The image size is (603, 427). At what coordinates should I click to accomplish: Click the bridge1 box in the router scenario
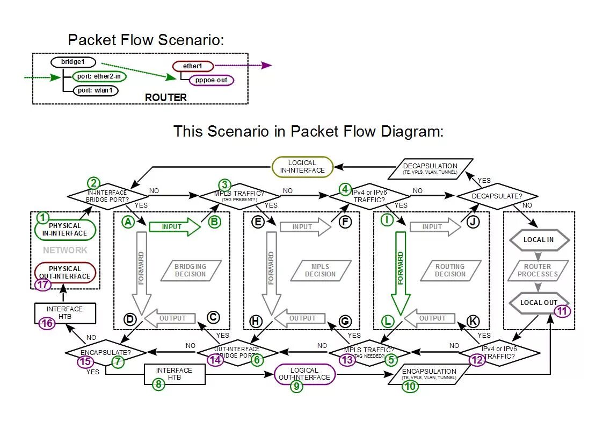(x=73, y=62)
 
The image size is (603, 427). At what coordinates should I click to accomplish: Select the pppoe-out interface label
(x=212, y=80)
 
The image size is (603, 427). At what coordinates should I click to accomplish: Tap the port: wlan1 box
(x=96, y=90)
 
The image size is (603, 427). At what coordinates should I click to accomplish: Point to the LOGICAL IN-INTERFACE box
(x=302, y=167)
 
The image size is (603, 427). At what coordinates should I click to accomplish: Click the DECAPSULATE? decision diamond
(x=497, y=196)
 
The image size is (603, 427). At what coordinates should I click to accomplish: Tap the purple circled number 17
(x=43, y=285)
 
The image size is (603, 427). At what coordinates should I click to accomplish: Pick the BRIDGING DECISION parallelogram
(x=190, y=270)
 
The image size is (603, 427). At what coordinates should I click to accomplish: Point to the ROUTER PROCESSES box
(x=537, y=270)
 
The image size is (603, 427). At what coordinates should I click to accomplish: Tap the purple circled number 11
(x=562, y=310)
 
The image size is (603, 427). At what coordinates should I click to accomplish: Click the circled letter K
(x=473, y=321)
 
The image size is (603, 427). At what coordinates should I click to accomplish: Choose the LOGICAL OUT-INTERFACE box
(x=304, y=373)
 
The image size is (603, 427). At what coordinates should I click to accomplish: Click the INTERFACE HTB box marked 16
(x=64, y=313)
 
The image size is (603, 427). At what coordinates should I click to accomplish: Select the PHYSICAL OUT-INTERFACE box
(x=65, y=272)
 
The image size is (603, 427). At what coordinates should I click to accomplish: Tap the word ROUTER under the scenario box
(x=166, y=97)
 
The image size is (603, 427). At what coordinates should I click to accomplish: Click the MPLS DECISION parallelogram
(x=321, y=270)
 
